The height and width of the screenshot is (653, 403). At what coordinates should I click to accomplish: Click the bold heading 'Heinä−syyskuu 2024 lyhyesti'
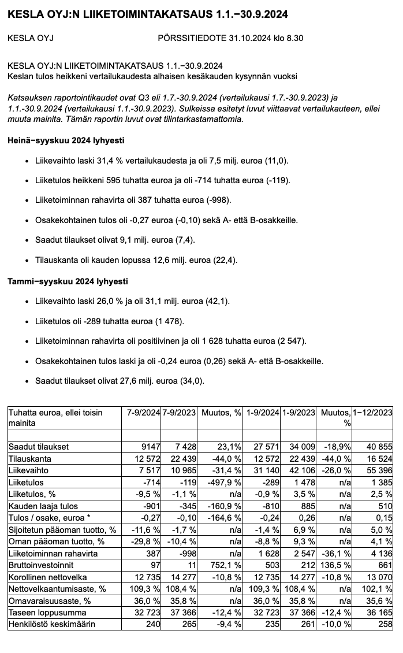[x=65, y=140]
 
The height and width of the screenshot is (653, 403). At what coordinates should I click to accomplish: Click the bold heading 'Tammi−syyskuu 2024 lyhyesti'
[x=68, y=281]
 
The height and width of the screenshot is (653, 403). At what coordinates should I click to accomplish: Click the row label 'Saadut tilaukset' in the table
[x=38, y=447]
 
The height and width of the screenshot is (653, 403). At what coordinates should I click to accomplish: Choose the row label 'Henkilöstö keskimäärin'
[x=51, y=624]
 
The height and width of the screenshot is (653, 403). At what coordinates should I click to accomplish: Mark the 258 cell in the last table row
[x=385, y=624]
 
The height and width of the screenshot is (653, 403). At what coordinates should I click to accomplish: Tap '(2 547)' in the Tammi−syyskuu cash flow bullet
[x=292, y=342]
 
